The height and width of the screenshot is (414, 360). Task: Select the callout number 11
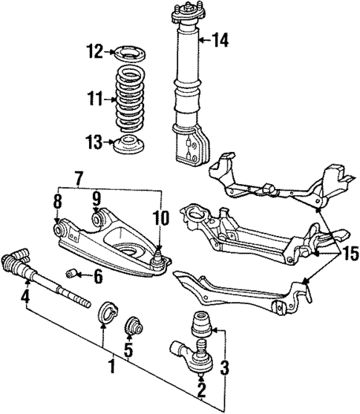[x=91, y=98]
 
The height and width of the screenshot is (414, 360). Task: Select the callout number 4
[x=25, y=299]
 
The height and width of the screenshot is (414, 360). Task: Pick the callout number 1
[x=111, y=366]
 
